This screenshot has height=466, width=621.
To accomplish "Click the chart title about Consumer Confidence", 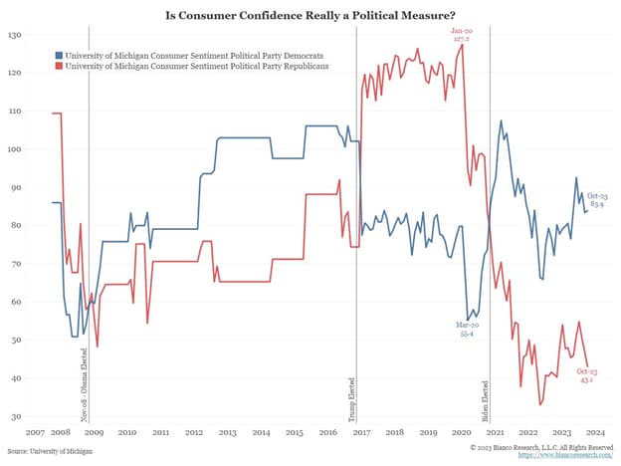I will (310, 15).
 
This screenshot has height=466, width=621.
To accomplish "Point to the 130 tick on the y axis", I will (15, 35).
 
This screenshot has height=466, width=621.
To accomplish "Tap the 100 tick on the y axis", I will (15, 149).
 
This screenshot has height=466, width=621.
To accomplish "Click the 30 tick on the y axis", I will (17, 417).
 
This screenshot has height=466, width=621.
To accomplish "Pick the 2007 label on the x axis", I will (35, 434).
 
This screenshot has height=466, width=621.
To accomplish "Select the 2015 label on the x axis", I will (295, 434).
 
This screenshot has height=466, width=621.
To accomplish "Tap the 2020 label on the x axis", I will (462, 434).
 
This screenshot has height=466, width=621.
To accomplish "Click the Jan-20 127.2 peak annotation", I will (461, 35).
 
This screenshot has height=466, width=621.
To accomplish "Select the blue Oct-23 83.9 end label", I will (598, 199).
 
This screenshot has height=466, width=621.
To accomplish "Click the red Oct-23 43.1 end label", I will (587, 375).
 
